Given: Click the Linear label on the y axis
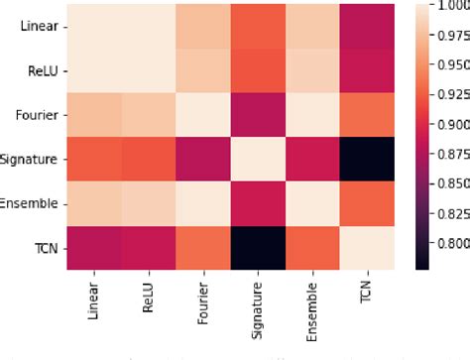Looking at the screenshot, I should click(x=39, y=25).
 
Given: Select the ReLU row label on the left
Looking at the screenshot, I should click(x=42, y=69).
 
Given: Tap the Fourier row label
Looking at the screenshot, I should click(x=38, y=115).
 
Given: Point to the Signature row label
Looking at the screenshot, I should click(x=32, y=160).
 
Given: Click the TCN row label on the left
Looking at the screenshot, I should click(x=45, y=249).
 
